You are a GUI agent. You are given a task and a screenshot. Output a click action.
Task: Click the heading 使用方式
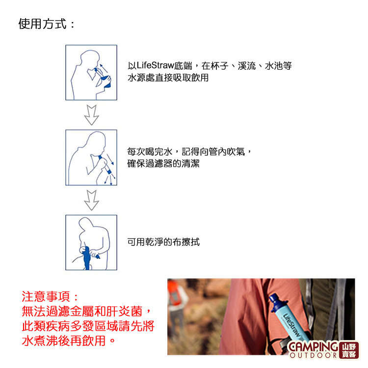(x=43, y=24)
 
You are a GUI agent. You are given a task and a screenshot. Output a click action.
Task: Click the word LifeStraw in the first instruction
(x=155, y=65)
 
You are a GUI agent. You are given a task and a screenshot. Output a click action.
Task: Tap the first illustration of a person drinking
(x=91, y=73)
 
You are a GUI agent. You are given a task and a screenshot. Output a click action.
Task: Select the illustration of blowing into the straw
(x=91, y=158)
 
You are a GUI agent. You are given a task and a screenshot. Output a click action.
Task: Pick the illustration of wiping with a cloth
(x=91, y=242)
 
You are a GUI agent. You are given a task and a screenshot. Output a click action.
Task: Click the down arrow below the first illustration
(x=92, y=115)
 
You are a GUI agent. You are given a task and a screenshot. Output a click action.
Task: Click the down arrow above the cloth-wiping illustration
(x=92, y=200)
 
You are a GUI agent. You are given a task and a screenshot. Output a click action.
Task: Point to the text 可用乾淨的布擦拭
(x=163, y=242)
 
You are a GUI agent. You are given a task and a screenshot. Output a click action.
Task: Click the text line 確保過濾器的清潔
(x=163, y=163)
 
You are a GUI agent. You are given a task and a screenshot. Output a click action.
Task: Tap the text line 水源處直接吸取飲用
(x=168, y=78)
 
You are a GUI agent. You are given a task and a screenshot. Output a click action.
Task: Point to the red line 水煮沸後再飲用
(x=68, y=341)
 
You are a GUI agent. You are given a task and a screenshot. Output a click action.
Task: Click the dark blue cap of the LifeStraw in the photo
(x=276, y=302)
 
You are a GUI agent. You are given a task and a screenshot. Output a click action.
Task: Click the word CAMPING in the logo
(x=313, y=347)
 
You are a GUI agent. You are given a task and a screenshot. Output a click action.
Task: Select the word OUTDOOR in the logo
(x=314, y=355)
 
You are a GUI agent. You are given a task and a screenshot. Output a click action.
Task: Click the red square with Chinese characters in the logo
(x=349, y=350)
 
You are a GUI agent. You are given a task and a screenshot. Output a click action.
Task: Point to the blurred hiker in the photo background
(x=177, y=308)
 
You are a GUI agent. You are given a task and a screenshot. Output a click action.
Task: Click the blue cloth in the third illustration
(x=86, y=258)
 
